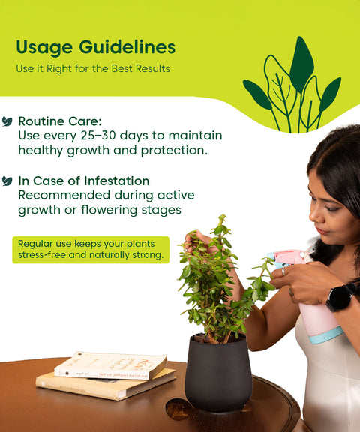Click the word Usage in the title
44,48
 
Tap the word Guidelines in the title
127,46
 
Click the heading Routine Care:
60,121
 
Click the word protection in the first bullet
174,151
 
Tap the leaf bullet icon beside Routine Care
7,121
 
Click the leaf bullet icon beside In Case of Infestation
7,181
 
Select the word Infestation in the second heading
117,181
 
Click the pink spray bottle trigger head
289,257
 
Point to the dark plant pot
218,373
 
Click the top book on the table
110,365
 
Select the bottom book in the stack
106,384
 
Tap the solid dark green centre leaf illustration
301,64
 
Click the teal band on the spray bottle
327,335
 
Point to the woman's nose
313,214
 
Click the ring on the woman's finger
283,272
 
